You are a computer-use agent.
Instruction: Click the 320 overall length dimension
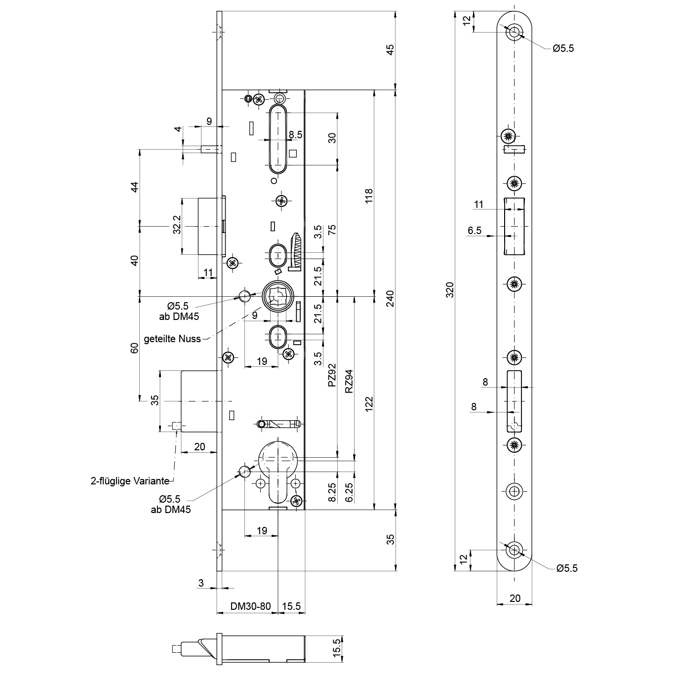[450, 290]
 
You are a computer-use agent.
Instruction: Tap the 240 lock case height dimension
[391, 298]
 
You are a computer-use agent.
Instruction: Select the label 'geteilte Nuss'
[172, 339]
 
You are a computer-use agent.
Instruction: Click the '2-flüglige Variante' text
[130, 481]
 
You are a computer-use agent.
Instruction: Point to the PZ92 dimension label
[332, 375]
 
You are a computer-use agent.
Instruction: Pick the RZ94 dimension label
[349, 381]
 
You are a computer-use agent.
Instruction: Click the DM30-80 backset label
[250, 606]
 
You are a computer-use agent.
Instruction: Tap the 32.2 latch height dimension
[177, 225]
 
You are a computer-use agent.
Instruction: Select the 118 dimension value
[369, 196]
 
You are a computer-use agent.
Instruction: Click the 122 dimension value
[369, 404]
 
